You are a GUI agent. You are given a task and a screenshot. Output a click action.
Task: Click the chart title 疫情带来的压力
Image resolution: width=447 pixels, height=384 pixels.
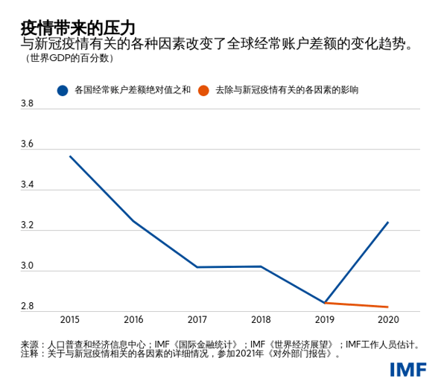[77, 28]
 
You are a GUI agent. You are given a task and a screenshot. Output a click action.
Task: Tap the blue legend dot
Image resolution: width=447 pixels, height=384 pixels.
[63, 90]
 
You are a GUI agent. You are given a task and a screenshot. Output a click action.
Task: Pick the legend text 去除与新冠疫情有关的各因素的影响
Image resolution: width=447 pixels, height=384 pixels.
[287, 90]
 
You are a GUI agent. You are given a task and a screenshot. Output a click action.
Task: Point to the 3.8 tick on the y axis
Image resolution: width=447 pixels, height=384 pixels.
[28, 104]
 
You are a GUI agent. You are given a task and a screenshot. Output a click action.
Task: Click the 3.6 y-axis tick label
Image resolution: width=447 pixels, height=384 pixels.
[28, 144]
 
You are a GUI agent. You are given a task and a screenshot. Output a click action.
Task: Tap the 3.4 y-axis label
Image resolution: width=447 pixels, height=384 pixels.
[28, 185]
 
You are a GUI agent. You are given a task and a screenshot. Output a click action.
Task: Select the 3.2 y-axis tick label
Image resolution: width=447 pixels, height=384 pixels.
[28, 225]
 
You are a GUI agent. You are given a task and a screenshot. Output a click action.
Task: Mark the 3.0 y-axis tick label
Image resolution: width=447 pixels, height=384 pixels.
[28, 266]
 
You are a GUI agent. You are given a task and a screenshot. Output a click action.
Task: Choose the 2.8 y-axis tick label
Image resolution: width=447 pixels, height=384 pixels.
[28, 306]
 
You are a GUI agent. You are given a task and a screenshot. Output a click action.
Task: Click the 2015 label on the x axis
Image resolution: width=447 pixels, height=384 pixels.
[70, 320]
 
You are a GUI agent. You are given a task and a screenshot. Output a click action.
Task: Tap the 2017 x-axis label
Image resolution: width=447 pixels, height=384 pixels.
[197, 320]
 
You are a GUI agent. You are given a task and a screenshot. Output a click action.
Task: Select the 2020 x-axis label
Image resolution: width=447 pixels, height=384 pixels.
[387, 320]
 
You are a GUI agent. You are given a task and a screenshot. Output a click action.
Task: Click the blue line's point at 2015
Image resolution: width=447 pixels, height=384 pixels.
[70, 156]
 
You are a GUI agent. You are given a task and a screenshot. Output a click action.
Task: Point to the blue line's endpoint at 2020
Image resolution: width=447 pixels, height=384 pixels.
[388, 222]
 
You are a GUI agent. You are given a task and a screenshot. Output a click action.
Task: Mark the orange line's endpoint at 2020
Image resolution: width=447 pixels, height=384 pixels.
[388, 307]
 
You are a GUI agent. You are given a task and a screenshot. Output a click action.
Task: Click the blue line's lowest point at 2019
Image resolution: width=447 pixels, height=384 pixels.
[325, 303]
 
